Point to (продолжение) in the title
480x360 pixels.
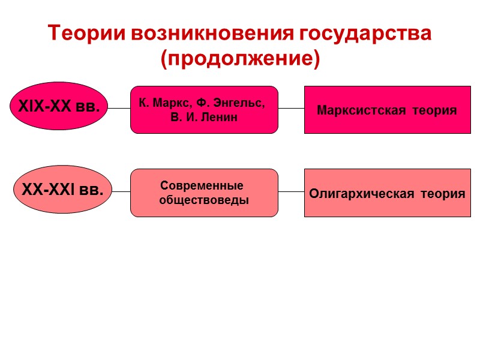[x=240, y=59]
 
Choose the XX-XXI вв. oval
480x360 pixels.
[x=62, y=191]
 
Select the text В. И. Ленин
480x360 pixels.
[x=204, y=117]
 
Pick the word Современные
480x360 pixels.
[x=202, y=185]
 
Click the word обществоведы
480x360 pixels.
[x=204, y=200]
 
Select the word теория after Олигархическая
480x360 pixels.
[x=442, y=194]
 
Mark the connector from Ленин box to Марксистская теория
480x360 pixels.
[x=292, y=109]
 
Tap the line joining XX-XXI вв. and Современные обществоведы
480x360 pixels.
[x=122, y=192]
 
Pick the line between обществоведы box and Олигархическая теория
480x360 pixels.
[x=292, y=192]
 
